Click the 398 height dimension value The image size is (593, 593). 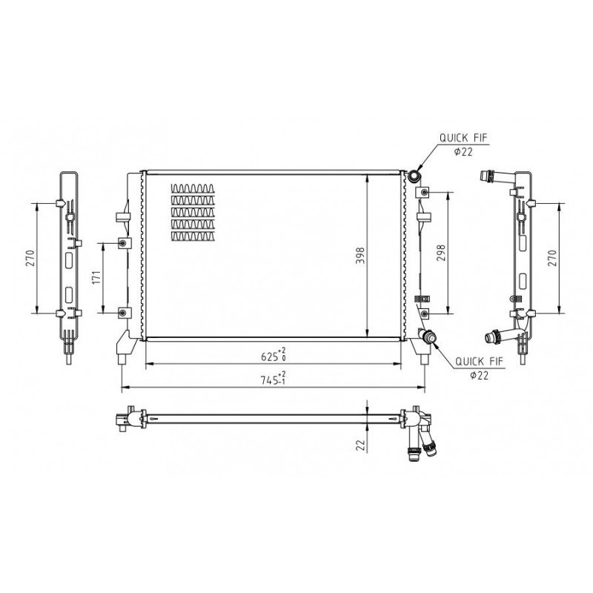pyautogui.click(x=360, y=255)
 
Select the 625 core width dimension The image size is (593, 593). pyautogui.click(x=274, y=356)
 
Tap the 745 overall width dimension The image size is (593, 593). pyautogui.click(x=273, y=379)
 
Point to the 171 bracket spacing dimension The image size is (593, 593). pyautogui.click(x=96, y=277)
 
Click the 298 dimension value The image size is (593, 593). pyautogui.click(x=441, y=253)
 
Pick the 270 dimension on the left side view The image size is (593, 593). pyautogui.click(x=30, y=258)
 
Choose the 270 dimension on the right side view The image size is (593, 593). pyautogui.click(x=552, y=258)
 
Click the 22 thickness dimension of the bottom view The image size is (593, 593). pyautogui.click(x=361, y=445)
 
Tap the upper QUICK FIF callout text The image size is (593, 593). pyautogui.click(x=463, y=138)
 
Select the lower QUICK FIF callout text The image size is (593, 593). pyautogui.click(x=479, y=361)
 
